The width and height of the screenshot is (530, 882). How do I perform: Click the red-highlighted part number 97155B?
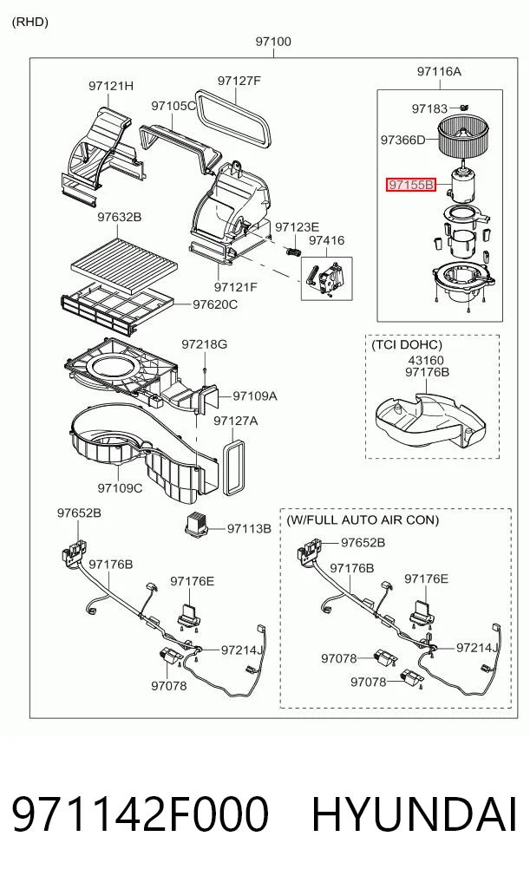pyautogui.click(x=410, y=184)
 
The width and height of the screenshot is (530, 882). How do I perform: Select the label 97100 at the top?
pyautogui.click(x=273, y=42)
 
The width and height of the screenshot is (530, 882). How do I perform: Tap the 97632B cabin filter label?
pyautogui.click(x=119, y=217)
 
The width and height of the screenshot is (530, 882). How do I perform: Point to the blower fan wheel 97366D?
pyautogui.click(x=465, y=137)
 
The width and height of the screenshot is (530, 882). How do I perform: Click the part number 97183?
pyautogui.click(x=430, y=108)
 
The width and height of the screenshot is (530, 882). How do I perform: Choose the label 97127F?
pyautogui.click(x=239, y=81)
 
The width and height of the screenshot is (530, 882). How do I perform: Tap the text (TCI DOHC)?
pyautogui.click(x=407, y=344)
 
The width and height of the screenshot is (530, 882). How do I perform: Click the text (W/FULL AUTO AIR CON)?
pyautogui.click(x=363, y=519)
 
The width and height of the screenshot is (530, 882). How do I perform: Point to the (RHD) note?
pyautogui.click(x=29, y=22)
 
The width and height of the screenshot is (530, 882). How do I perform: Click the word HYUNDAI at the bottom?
pyautogui.click(x=414, y=814)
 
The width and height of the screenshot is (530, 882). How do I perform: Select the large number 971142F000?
pyautogui.click(x=141, y=814)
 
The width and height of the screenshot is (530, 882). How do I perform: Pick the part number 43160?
pyautogui.click(x=426, y=360)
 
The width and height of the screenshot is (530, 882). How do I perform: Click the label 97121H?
pyautogui.click(x=111, y=86)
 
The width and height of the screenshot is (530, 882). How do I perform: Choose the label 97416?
pyautogui.click(x=327, y=241)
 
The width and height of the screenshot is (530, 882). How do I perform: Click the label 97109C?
pyautogui.click(x=120, y=488)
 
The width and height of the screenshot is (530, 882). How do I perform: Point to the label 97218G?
pyautogui.click(x=204, y=343)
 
